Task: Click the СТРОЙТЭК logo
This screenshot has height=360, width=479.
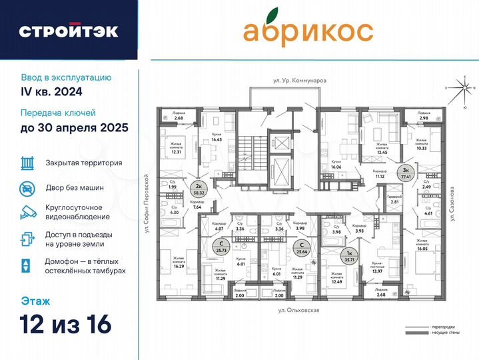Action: (69, 31)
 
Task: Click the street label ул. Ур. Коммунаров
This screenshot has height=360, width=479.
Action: (299, 80)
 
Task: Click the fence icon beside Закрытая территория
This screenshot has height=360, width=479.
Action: (27, 162)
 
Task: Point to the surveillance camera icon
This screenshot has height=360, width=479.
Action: (27, 212)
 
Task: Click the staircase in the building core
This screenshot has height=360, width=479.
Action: (253, 154)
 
